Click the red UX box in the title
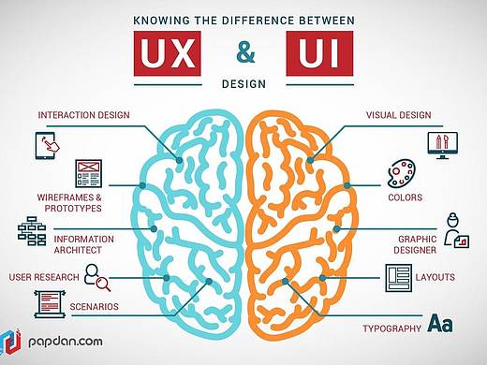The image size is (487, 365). tap(168, 53)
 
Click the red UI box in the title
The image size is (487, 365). tap(319, 53)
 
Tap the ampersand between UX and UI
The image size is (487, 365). tap(245, 53)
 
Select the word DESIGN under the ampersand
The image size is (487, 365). tap(243, 84)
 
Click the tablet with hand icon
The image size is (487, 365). tap(47, 146)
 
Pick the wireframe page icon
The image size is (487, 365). tap(89, 173)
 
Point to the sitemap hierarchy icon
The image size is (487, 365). tap(32, 231)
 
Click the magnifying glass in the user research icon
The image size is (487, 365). tap(103, 284)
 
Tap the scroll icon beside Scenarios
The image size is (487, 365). tap(50, 304)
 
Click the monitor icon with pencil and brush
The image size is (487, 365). tap(443, 145)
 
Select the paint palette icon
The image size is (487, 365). tap(402, 174)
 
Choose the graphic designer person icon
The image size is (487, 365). tap(456, 230)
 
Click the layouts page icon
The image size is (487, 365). tap(399, 278)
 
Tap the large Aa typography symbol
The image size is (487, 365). tap(440, 323)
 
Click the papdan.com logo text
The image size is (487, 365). tap(66, 342)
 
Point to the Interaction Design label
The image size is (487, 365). tap(83, 115)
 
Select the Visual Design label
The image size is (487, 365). tap(399, 115)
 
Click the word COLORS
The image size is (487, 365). tap(406, 197)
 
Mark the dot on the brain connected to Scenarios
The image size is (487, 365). tap(209, 282)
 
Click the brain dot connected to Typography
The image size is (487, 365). tap(285, 282)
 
